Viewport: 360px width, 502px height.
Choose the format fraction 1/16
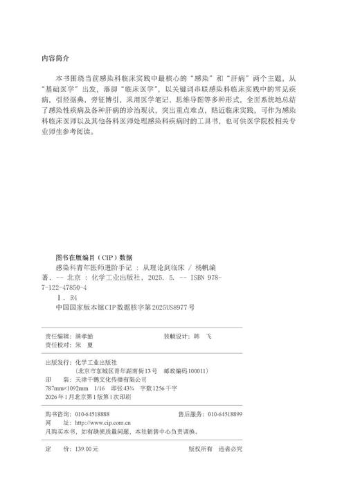109,388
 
